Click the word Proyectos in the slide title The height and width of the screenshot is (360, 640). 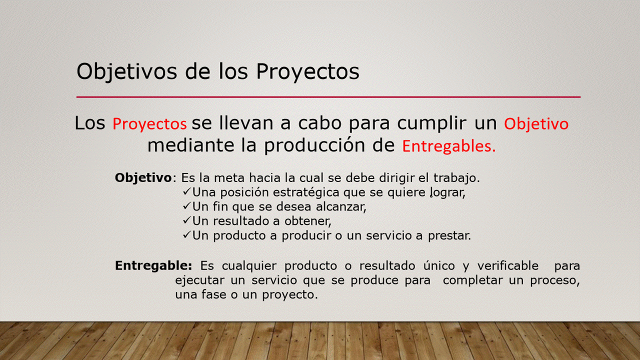(307, 72)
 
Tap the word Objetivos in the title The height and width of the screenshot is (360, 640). (126, 72)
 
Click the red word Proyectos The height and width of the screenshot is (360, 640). (149, 124)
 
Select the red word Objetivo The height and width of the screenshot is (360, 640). (536, 124)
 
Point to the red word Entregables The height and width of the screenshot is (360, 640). (449, 146)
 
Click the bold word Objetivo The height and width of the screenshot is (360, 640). (143, 178)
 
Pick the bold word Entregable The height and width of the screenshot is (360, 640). (153, 266)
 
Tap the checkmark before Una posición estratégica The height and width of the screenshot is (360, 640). (186, 191)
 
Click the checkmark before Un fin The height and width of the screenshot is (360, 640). (186, 205)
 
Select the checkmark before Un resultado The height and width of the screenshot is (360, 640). (186, 219)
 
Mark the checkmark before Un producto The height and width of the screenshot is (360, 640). (186, 234)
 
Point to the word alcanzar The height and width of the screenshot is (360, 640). (341, 206)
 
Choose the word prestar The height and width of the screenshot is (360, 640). (449, 236)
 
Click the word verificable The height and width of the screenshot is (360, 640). (507, 265)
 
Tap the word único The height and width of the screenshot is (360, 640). (439, 265)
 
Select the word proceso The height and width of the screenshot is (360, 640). (555, 280)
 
